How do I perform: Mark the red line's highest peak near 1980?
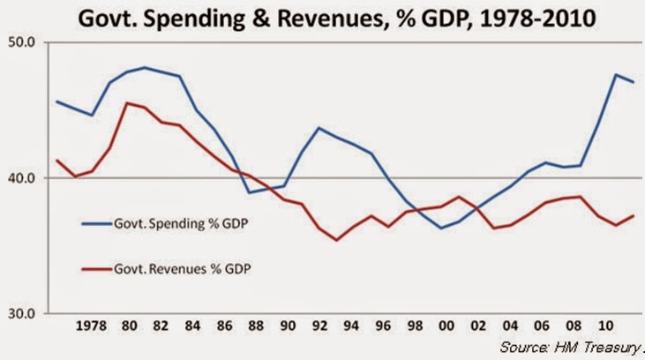(129, 103)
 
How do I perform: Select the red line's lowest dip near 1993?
(336, 240)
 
